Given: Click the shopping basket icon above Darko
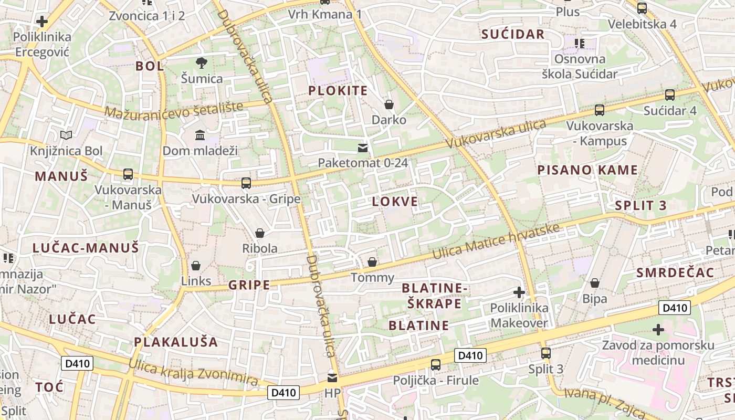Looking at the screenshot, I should click(389, 104).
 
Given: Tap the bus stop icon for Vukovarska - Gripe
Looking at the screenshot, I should click(246, 183).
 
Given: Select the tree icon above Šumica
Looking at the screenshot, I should click(201, 64).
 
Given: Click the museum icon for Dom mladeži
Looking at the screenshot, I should click(200, 135).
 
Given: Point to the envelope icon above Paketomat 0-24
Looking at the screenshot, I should click(363, 148).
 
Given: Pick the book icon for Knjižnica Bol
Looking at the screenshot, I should click(66, 135).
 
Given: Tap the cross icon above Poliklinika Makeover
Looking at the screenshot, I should click(519, 292).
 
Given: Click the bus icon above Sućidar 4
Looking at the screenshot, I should click(670, 95).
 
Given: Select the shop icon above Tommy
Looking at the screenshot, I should click(372, 262).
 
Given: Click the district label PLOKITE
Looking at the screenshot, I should click(338, 90).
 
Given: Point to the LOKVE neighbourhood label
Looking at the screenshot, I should click(395, 202).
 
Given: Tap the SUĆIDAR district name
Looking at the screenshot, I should click(513, 35).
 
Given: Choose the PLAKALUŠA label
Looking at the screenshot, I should click(176, 342).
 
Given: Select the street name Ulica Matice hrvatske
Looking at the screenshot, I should click(496, 241).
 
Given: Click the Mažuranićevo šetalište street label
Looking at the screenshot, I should click(174, 109).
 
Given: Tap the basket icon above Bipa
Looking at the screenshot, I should click(595, 283).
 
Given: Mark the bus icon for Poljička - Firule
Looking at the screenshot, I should click(436, 365).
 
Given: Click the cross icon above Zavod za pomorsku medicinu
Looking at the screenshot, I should click(658, 330).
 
